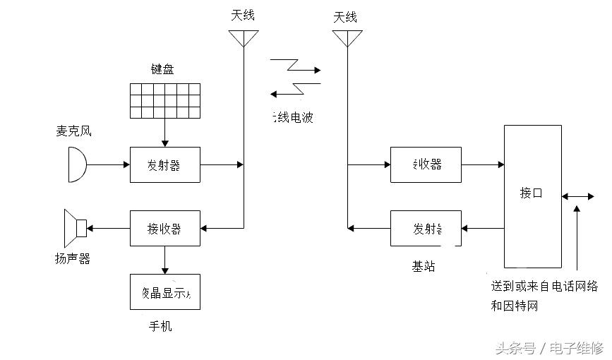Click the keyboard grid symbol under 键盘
click(164, 101)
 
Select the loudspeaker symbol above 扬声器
click(75, 228)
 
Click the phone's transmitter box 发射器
click(164, 165)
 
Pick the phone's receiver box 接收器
click(164, 229)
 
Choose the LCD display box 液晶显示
click(164, 292)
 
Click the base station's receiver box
click(426, 164)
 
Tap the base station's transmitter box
click(426, 228)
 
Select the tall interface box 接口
click(532, 196)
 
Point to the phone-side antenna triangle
click(243, 38)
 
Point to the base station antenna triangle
click(347, 38)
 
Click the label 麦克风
click(73, 131)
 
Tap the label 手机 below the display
click(160, 326)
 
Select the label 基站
click(424, 267)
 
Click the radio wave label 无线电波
click(292, 117)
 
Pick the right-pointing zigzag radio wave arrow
click(295, 66)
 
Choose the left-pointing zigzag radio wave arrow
click(295, 90)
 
